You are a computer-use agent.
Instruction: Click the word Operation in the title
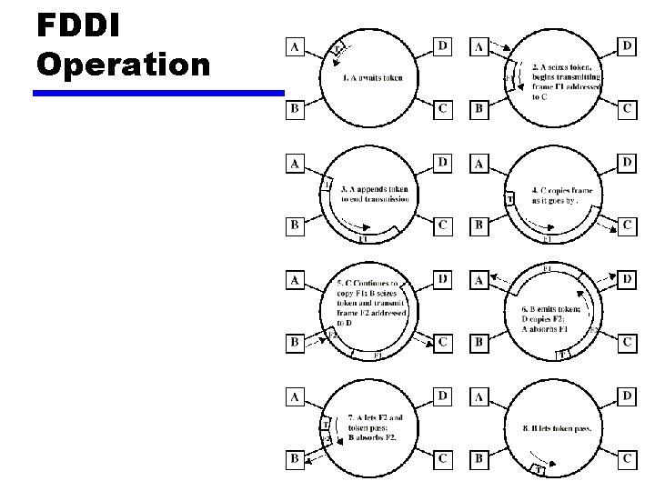(x=124, y=64)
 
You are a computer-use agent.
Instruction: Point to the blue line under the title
(x=159, y=93)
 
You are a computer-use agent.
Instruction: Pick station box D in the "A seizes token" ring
(x=628, y=45)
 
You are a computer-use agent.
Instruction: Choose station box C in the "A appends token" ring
(x=443, y=225)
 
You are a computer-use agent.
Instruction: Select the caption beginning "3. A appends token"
(x=376, y=195)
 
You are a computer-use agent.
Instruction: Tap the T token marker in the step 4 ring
(x=509, y=198)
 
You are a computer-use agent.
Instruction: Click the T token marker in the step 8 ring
(x=539, y=469)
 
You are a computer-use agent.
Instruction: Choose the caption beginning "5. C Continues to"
(x=372, y=304)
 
